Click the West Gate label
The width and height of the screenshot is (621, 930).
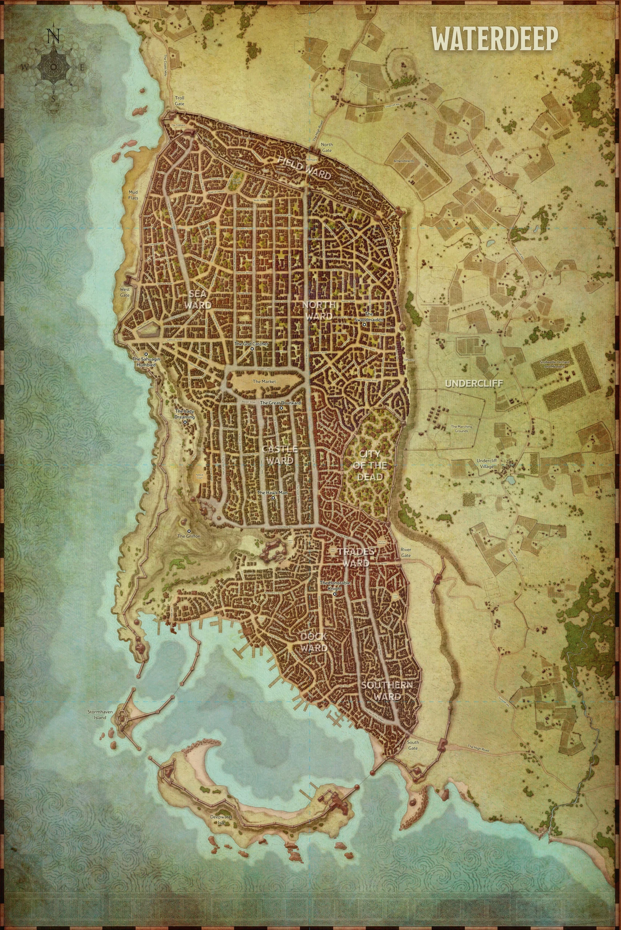pyautogui.click(x=125, y=292)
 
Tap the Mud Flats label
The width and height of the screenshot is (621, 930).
pyautogui.click(x=133, y=195)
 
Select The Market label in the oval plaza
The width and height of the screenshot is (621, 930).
pyautogui.click(x=264, y=381)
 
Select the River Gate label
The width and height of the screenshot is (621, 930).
pyautogui.click(x=406, y=553)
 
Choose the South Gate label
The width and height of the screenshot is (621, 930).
pyautogui.click(x=413, y=745)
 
